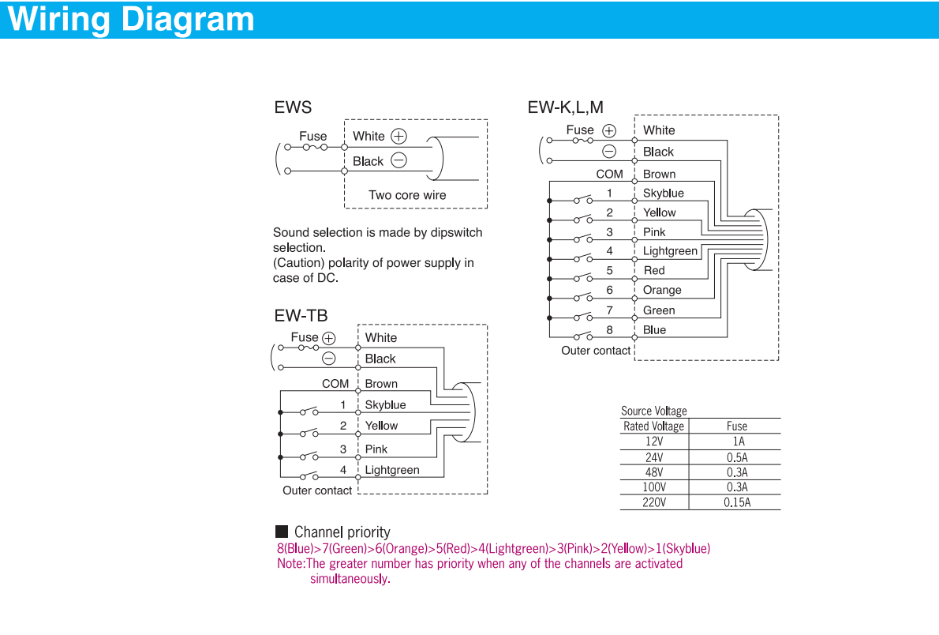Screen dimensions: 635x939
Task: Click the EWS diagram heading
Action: click(x=293, y=107)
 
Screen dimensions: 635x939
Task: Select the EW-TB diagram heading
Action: click(x=301, y=316)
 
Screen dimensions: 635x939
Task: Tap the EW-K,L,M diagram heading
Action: click(x=566, y=107)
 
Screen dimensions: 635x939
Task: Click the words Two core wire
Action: click(x=407, y=195)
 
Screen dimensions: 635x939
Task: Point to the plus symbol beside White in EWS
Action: click(x=399, y=136)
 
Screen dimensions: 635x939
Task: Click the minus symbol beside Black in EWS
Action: click(x=398, y=160)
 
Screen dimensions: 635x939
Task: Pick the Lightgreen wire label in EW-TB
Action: click(x=392, y=470)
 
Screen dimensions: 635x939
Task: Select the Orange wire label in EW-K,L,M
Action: click(x=662, y=290)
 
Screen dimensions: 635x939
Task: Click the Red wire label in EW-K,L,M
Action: click(x=654, y=270)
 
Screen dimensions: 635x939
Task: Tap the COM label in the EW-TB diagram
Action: click(x=335, y=384)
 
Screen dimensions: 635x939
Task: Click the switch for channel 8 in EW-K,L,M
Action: click(x=583, y=336)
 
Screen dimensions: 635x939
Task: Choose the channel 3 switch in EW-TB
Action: click(x=309, y=456)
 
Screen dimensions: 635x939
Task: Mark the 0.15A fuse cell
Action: click(x=736, y=502)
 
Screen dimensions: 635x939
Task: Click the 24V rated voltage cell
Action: click(x=654, y=457)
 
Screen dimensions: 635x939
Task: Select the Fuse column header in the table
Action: click(x=736, y=426)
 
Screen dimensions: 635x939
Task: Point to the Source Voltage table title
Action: click(x=654, y=411)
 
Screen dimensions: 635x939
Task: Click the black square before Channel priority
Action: click(x=282, y=532)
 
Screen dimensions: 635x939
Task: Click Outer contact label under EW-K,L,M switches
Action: click(x=596, y=351)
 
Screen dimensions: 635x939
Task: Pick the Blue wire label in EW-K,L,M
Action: click(x=654, y=330)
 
